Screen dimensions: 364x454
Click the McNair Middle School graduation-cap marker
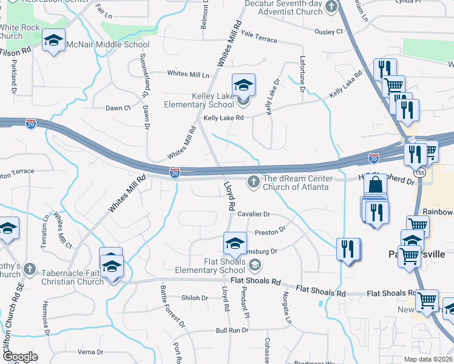[x=54, y=41]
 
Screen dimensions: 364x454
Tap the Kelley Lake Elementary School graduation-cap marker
[x=243, y=85]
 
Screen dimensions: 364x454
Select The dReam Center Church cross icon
[x=253, y=181]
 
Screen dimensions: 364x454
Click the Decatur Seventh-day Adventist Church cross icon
[x=331, y=7]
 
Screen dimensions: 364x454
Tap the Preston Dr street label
[x=270, y=231]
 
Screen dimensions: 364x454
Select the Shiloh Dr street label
[x=195, y=298]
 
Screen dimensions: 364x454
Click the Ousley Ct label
[x=328, y=31]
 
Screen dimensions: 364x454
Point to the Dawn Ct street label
[x=118, y=108]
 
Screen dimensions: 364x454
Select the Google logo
[x=19, y=357]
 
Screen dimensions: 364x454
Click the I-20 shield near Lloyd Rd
[x=175, y=173]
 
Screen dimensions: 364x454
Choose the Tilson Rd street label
[x=15, y=52]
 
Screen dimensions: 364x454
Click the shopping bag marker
[x=376, y=186]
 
